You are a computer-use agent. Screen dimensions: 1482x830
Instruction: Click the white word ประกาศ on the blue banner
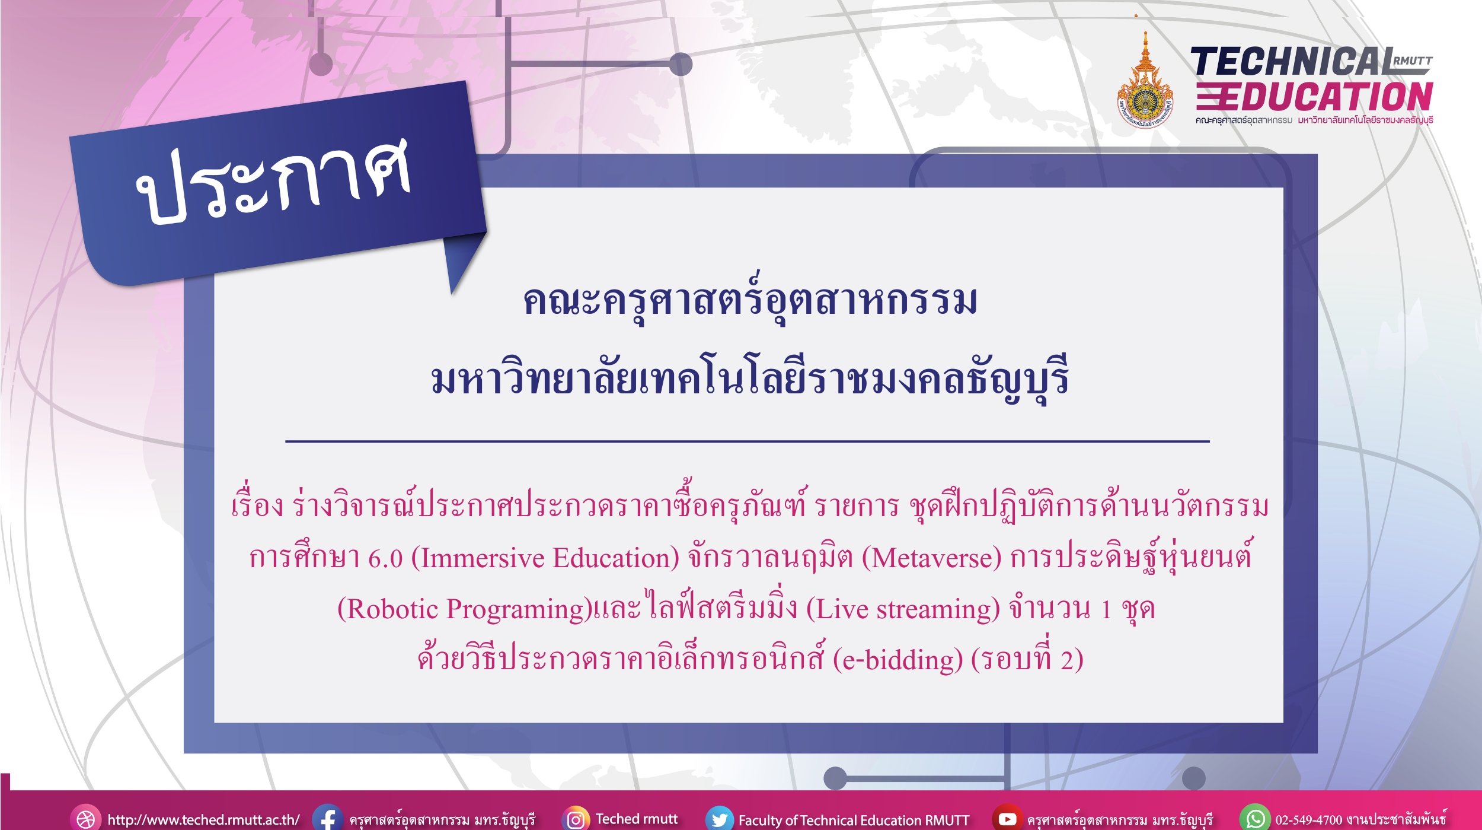click(x=273, y=181)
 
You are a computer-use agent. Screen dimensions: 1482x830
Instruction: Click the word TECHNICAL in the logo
click(x=1292, y=62)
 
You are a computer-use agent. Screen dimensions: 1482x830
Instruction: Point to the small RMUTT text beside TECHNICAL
click(x=1413, y=61)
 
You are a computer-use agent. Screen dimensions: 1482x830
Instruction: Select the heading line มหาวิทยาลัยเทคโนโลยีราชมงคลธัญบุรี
click(x=749, y=380)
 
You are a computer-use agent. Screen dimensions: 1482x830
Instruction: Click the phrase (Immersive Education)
click(x=545, y=558)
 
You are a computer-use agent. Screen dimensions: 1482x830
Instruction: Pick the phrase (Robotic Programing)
click(x=465, y=609)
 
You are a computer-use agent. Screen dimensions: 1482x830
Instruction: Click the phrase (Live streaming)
click(x=903, y=609)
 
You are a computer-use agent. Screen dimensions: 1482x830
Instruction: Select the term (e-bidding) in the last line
click(x=898, y=660)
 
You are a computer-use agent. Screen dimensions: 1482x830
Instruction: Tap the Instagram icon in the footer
click(x=576, y=819)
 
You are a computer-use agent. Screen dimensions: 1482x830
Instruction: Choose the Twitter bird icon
click(x=719, y=819)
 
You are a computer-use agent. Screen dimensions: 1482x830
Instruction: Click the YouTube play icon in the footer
click(x=1007, y=819)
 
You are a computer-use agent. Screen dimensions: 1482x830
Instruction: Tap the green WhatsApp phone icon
click(x=1255, y=819)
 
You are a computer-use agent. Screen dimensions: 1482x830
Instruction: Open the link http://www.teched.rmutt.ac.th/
click(x=203, y=820)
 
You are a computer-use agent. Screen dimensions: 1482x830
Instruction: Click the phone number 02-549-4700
click(x=1309, y=820)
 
